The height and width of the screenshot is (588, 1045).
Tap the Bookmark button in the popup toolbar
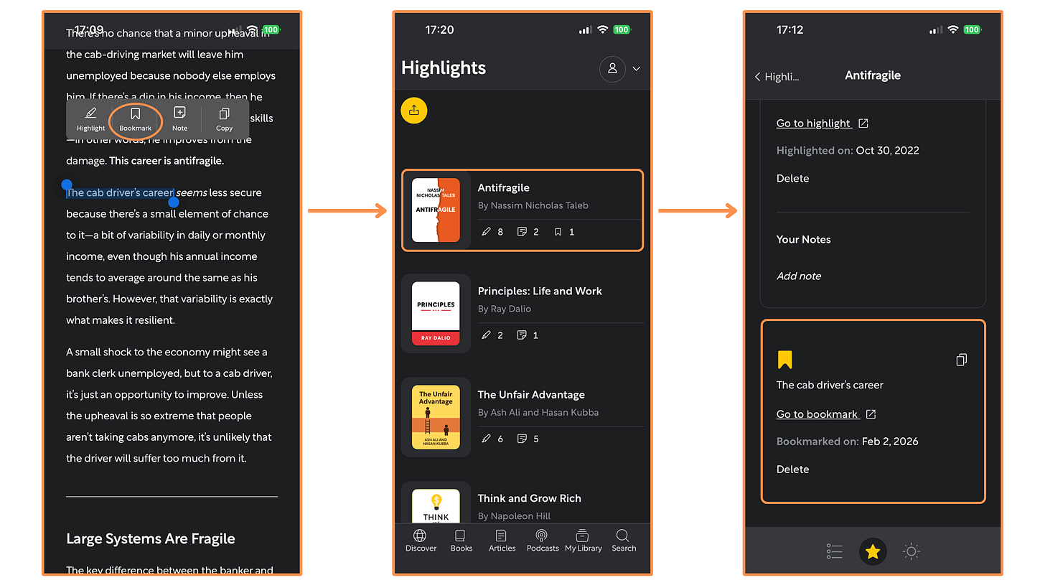tap(135, 118)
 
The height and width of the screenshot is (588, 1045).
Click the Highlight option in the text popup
tap(90, 118)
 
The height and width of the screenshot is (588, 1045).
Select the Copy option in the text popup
tap(224, 118)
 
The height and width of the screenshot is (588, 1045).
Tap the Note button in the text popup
tap(179, 118)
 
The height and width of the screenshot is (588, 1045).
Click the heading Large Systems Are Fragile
tap(151, 538)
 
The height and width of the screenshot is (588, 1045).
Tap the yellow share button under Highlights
tap(414, 111)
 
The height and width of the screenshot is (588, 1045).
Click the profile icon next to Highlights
tap(612, 69)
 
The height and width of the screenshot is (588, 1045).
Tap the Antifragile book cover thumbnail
tap(436, 210)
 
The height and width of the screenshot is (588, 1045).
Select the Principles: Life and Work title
tap(540, 291)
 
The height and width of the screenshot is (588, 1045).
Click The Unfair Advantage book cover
tap(436, 417)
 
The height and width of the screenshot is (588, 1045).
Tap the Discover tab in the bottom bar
tap(421, 541)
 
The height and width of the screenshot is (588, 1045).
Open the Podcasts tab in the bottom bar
tap(543, 541)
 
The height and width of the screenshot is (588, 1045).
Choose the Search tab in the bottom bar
tap(624, 541)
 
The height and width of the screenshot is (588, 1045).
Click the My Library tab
tap(583, 541)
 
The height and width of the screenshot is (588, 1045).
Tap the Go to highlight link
tap(814, 123)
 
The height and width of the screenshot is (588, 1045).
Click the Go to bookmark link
tap(817, 414)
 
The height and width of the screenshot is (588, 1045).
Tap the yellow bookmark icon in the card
tap(784, 360)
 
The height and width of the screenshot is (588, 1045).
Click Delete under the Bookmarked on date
tap(792, 470)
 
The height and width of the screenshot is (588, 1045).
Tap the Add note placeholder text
tap(799, 276)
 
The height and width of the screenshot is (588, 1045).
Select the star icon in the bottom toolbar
tap(873, 551)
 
